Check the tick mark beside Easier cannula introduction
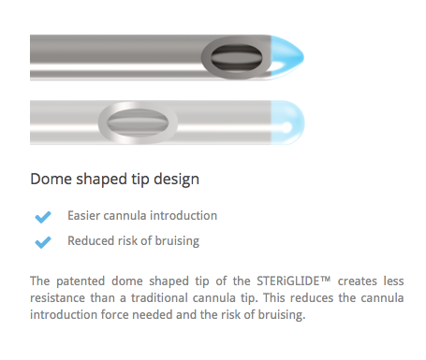click(x=43, y=217)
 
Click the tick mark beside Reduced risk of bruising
click(x=43, y=242)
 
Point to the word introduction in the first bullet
click(x=184, y=216)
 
